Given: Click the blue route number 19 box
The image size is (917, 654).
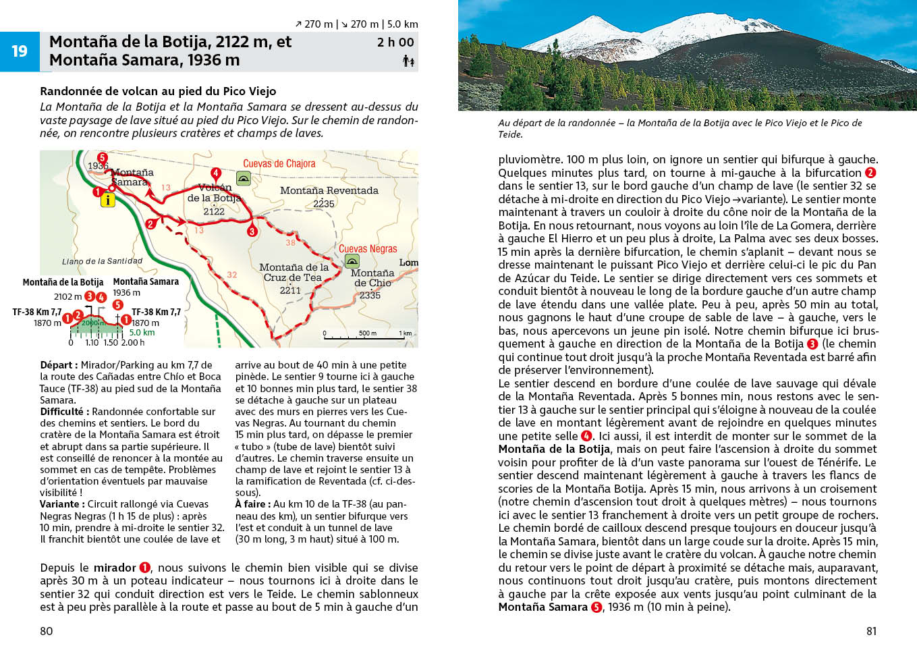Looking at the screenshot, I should [x=20, y=51].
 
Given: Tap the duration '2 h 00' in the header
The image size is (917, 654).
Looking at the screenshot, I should [x=395, y=43].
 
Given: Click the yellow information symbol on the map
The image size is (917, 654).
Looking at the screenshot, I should [x=107, y=200].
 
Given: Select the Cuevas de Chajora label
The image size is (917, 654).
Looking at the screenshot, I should [x=279, y=164].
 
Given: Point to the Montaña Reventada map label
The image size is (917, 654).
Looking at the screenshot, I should [x=329, y=191].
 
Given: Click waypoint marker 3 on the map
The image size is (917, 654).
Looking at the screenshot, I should [x=252, y=231].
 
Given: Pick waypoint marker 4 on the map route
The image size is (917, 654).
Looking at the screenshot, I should [x=216, y=173].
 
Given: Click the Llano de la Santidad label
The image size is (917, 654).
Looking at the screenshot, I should [x=103, y=261].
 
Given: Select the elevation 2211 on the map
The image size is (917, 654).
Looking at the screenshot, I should [x=290, y=290].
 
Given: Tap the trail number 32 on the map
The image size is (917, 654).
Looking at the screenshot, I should [x=231, y=275].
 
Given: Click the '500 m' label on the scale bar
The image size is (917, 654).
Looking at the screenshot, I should [x=368, y=333].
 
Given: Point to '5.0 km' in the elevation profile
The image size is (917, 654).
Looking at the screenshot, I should [x=142, y=332].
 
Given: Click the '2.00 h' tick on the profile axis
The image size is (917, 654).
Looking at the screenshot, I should [x=133, y=343].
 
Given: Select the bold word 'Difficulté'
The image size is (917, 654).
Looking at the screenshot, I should [x=61, y=412].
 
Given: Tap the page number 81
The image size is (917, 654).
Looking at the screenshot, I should [x=871, y=631].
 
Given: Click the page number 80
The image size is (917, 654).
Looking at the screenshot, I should [x=47, y=631].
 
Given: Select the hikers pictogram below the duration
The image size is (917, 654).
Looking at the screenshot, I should [x=408, y=61].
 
